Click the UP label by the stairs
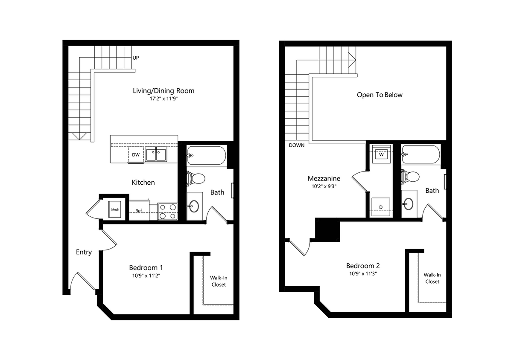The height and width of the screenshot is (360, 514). click(136, 58)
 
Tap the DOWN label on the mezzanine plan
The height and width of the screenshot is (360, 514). click(297, 145)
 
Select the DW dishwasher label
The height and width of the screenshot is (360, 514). click(136, 155)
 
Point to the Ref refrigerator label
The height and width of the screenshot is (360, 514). click(139, 210)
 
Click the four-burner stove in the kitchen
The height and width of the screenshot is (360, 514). click(167, 211)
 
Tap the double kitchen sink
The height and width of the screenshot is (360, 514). click(156, 154)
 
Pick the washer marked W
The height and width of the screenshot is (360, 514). click(381, 154)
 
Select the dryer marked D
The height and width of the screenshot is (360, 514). click(381, 207)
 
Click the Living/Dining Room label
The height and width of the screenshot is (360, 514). click(164, 90)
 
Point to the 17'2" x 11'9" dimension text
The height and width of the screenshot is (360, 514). click(164, 99)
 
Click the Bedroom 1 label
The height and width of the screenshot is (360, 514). click(146, 267)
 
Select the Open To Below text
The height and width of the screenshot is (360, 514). click(380, 95)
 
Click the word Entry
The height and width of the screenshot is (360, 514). click(84, 252)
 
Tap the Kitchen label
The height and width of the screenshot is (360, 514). click(143, 183)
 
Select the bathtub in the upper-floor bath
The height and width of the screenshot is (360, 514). click(421, 156)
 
